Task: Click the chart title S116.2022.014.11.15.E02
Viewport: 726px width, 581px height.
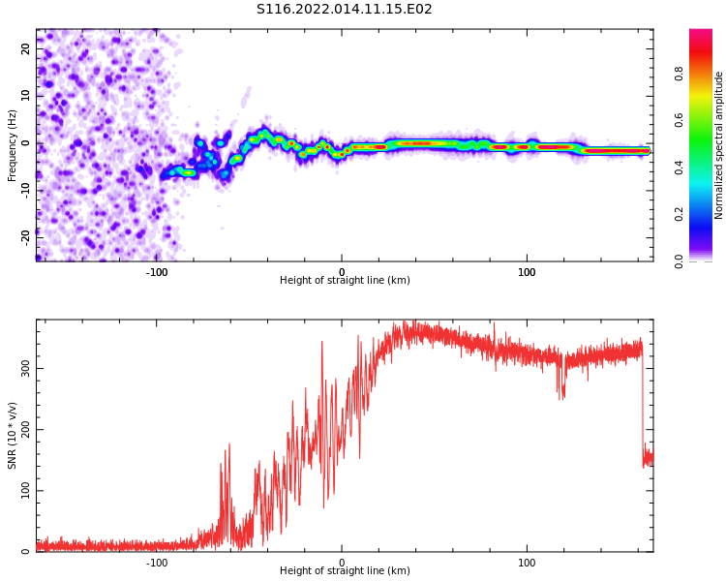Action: tap(344, 10)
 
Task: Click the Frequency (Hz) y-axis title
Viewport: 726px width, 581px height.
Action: tap(13, 144)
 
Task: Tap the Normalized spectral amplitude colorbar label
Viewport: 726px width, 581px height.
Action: tap(719, 144)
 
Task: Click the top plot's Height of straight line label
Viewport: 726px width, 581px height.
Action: tap(345, 281)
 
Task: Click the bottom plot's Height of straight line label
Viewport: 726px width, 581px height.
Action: tap(345, 571)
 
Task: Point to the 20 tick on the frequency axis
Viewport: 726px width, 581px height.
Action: tap(26, 48)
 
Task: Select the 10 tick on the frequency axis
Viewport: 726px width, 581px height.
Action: tap(26, 96)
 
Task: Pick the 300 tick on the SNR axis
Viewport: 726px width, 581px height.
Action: tap(26, 368)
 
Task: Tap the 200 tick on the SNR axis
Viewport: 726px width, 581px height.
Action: tap(26, 429)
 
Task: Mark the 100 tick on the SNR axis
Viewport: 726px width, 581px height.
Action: tap(26, 490)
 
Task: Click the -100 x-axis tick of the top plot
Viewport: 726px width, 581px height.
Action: tap(157, 272)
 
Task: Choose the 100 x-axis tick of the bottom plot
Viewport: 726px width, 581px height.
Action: tap(527, 563)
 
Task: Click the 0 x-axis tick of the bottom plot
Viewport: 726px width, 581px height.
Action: tap(342, 563)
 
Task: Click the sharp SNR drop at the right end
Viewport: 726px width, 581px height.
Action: tap(643, 407)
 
